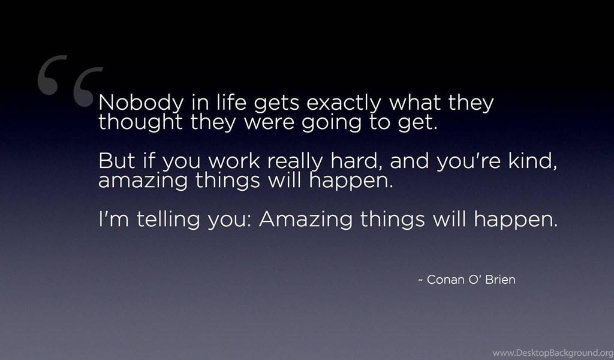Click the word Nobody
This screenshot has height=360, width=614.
tap(141, 103)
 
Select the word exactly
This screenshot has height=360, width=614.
tap(344, 103)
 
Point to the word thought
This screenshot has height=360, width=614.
tap(140, 121)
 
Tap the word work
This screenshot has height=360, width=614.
tap(234, 161)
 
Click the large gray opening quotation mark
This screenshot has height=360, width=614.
tap(71, 80)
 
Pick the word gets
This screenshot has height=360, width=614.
tap(276, 103)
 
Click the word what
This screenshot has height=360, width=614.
tap(414, 102)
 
